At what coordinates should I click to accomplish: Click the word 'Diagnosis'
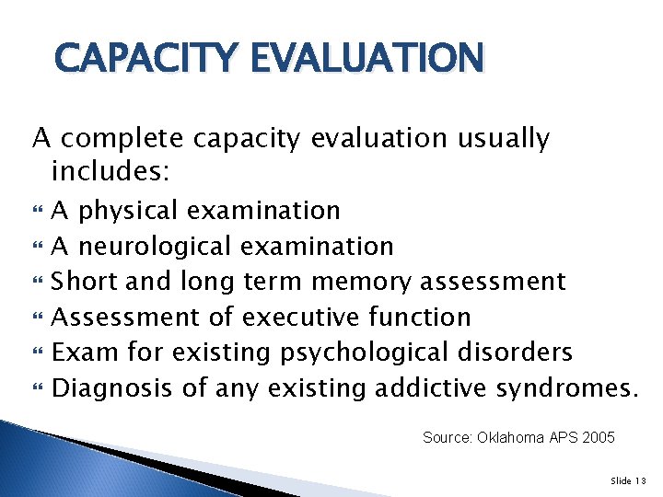point(112,388)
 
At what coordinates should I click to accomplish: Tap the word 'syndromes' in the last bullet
point(561,388)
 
